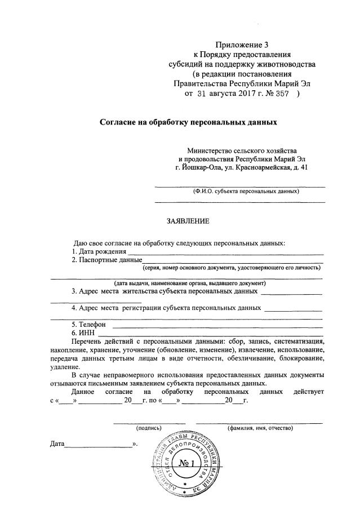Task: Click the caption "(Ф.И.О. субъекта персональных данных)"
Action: pyautogui.click(x=243, y=191)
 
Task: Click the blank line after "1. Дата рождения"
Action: pyautogui.click(x=225, y=253)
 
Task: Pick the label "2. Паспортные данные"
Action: pyautogui.click(x=106, y=260)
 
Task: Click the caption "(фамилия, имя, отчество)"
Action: pyautogui.click(x=260, y=428)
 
